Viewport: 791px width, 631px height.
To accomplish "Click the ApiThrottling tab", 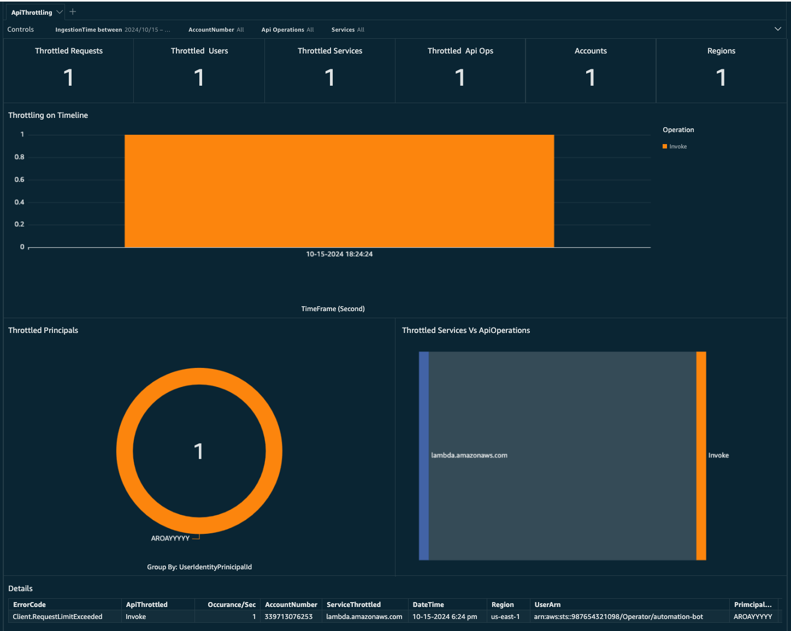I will click(x=32, y=13).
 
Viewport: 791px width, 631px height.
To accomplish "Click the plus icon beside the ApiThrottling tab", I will click(x=73, y=12).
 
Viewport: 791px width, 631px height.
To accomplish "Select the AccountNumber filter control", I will click(x=216, y=29).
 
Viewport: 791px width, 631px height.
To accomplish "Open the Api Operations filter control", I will click(x=287, y=29).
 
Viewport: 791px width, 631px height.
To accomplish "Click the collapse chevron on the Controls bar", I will click(x=778, y=29).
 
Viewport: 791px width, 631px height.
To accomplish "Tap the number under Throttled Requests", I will click(x=68, y=78).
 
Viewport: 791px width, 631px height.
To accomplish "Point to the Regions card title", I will click(x=721, y=51).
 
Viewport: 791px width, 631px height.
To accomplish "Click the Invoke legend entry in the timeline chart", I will click(x=677, y=146).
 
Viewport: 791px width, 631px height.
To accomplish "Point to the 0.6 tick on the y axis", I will click(x=20, y=180).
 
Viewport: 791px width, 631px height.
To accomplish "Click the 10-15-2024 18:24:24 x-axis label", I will click(x=339, y=254).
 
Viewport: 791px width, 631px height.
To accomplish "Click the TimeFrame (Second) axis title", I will click(x=333, y=309).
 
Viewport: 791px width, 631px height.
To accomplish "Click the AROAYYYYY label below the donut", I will click(x=170, y=538).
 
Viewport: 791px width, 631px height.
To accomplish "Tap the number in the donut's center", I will click(x=199, y=451).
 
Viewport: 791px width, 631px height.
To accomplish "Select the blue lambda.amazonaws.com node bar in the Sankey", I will click(x=424, y=456).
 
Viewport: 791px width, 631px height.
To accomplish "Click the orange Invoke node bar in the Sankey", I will click(x=701, y=456).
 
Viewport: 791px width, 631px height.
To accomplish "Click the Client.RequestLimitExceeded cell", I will click(x=57, y=617).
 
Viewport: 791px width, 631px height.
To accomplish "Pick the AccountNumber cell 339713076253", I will click(x=288, y=617).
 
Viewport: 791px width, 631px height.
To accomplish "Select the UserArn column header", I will click(x=547, y=605).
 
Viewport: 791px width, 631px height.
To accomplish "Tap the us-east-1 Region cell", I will click(x=505, y=617).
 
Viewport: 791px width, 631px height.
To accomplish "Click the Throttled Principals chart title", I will click(x=43, y=330).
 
